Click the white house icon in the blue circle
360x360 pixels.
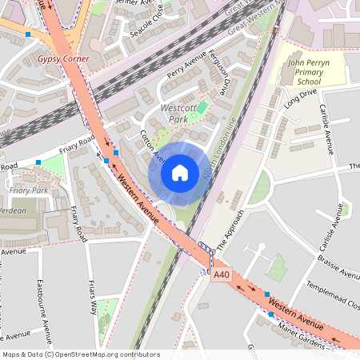179,172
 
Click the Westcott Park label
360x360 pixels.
178,112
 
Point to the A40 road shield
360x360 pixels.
222,274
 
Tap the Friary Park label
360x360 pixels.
29,190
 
